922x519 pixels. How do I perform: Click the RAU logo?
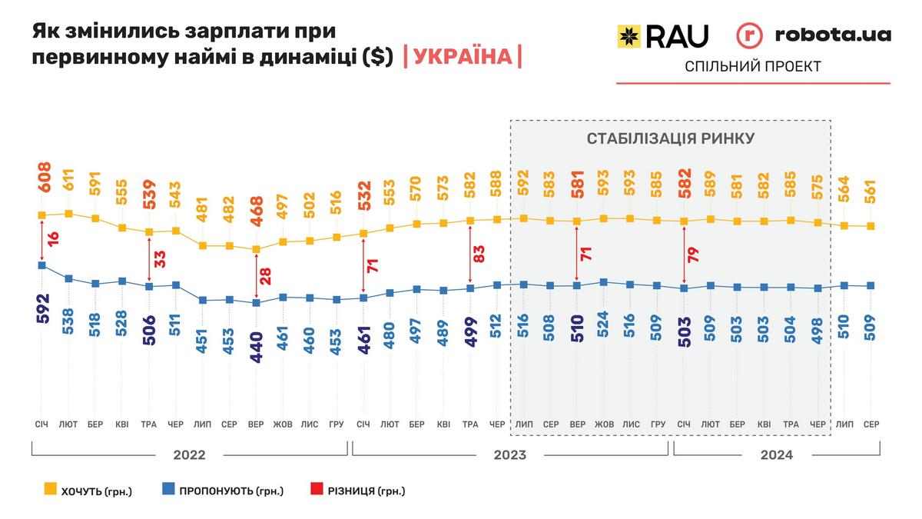pos(663,35)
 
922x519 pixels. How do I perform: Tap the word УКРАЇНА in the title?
pos(462,57)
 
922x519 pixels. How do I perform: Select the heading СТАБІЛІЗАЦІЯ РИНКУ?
pos(671,139)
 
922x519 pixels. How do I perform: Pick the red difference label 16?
pos(54,238)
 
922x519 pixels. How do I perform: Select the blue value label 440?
pos(257,347)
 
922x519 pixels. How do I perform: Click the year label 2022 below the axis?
pos(189,454)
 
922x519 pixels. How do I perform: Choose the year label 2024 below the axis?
pos(777,454)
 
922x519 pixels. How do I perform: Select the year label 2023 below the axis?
pos(509,454)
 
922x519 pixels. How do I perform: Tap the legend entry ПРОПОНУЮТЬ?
pos(223,491)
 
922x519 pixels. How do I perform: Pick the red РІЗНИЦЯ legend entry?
pos(357,491)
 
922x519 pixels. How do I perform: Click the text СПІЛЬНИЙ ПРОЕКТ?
pos(753,67)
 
